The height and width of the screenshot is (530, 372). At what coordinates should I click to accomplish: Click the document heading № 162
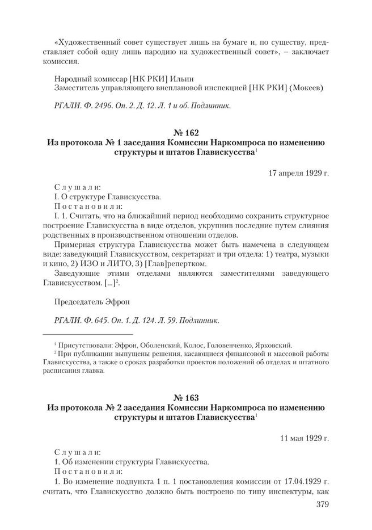[x=186, y=132]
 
